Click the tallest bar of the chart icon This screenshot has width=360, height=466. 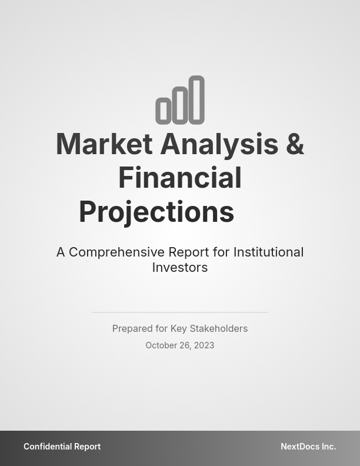(196, 99)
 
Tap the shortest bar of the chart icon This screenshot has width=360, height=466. (163, 111)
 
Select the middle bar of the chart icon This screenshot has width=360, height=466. (179, 105)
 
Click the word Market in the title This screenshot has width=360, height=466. (104, 144)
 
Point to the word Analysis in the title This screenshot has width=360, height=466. (219, 144)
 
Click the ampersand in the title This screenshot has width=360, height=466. (295, 144)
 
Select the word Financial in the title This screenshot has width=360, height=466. (180, 178)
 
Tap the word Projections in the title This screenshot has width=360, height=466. (156, 212)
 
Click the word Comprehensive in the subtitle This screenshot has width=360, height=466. (116, 252)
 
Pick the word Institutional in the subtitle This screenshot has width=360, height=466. (268, 252)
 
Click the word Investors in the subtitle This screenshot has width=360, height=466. (180, 267)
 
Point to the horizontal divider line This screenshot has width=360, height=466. (180, 312)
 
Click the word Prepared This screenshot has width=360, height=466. (132, 328)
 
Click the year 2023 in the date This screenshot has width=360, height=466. (204, 345)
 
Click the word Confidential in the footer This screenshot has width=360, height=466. (48, 447)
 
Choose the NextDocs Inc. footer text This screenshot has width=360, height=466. (308, 447)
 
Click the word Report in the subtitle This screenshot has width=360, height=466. (189, 252)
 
